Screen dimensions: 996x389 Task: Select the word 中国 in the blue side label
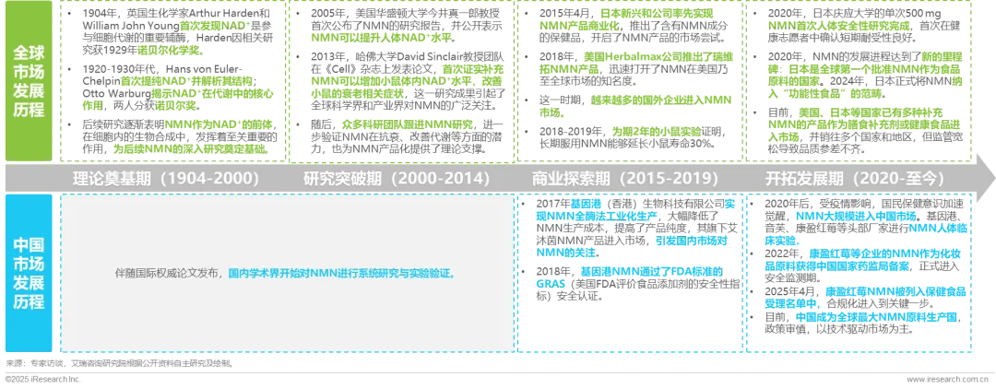click(30, 245)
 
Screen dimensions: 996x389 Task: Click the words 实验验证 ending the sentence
click(430, 274)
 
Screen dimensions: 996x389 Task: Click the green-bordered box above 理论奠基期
click(172, 81)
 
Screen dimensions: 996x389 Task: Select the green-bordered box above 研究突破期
click(401, 81)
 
